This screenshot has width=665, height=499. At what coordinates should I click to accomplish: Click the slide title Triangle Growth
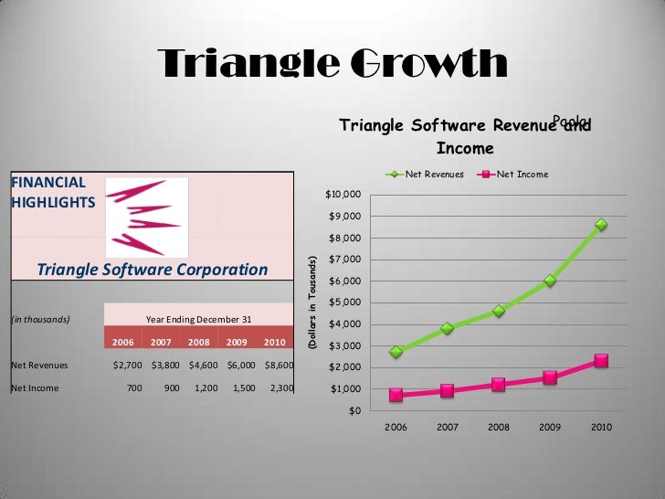point(332,64)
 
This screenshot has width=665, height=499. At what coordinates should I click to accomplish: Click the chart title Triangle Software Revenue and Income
point(465,136)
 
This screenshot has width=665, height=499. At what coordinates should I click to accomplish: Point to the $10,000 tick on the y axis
point(344,195)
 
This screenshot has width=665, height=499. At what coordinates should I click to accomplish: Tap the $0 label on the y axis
point(354,410)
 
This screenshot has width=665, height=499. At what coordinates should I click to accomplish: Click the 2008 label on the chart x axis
point(498,427)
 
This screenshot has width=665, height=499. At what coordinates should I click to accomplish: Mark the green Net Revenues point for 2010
point(601,225)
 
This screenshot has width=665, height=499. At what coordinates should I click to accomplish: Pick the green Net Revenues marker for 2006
point(396,352)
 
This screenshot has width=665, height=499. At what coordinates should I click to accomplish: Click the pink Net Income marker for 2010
point(601,361)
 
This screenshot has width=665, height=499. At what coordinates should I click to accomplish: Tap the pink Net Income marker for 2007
point(447,390)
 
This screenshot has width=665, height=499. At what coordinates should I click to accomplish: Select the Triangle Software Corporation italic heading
point(153,270)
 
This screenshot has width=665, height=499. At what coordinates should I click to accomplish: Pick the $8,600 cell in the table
point(278,365)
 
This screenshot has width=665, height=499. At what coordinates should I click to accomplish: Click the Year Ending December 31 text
point(197,319)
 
